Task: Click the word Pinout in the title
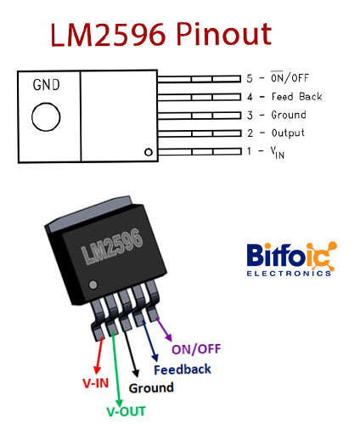point(224,35)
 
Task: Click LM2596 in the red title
point(108,35)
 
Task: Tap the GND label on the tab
point(47,85)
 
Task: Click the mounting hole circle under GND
point(46,116)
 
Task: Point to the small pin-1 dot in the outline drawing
point(149,152)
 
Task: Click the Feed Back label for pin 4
point(296,97)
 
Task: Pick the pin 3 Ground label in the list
point(289,115)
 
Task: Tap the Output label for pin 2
point(288,133)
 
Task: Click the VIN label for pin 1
point(278,152)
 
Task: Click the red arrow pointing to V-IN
point(98,355)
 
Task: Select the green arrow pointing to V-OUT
point(116,369)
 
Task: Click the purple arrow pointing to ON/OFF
point(164,330)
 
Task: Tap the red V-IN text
point(96,383)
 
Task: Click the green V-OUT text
point(126,411)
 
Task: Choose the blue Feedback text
point(183,370)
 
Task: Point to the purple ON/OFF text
point(196,349)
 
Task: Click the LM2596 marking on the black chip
point(112,246)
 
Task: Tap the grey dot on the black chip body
point(93,285)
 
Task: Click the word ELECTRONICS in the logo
point(289,274)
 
